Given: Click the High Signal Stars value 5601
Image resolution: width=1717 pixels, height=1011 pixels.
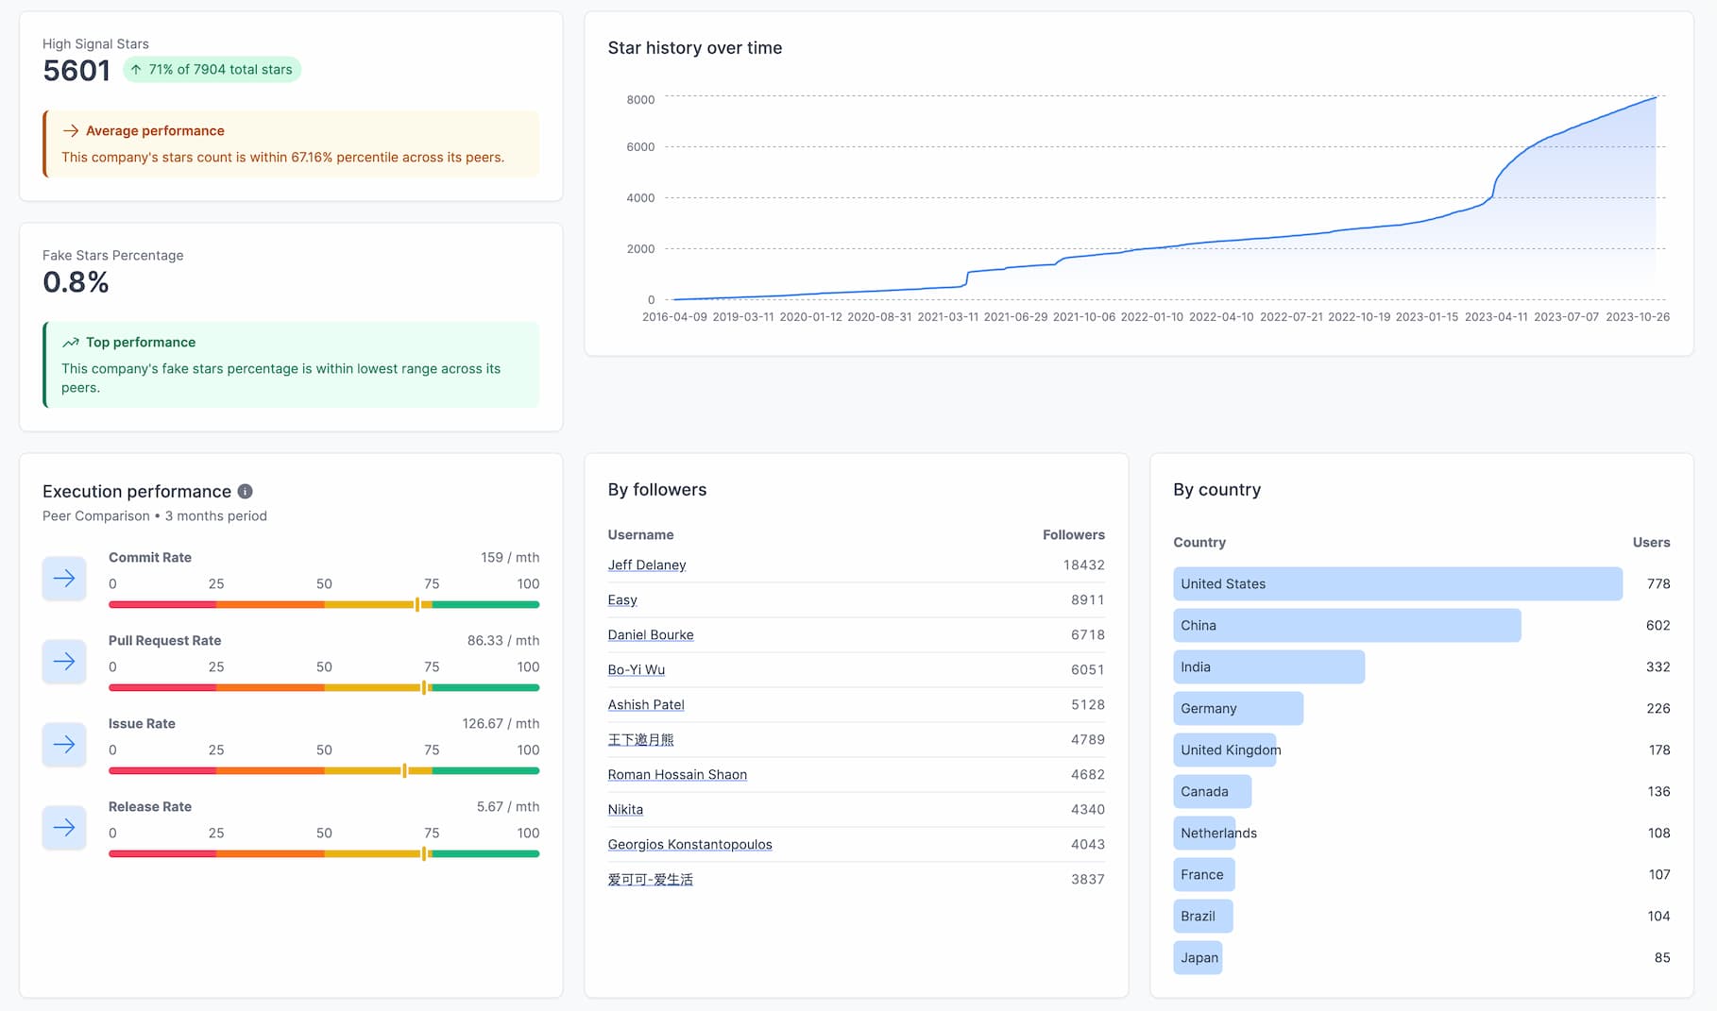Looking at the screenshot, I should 76,71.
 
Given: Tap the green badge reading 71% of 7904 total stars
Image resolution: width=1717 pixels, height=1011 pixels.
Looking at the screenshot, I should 212,70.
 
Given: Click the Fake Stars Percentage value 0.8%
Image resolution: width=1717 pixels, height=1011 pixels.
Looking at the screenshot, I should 76,282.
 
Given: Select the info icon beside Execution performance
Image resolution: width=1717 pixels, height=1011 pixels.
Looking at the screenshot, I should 245,492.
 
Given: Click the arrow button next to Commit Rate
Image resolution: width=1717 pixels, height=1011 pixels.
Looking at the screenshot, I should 64,579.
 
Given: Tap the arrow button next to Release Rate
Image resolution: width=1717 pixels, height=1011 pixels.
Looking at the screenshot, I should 64,828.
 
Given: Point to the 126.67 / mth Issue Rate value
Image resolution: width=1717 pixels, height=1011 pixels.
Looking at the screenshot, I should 501,724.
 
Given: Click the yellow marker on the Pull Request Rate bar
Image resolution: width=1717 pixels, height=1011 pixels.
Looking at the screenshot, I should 424,687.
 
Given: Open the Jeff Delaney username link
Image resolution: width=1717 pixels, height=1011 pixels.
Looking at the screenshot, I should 647,565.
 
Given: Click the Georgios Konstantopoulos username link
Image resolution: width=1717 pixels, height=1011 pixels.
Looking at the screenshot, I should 689,845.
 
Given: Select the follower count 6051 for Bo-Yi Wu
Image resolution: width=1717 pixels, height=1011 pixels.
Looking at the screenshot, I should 1087,670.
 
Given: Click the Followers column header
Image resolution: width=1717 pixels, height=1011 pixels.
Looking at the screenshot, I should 1073,535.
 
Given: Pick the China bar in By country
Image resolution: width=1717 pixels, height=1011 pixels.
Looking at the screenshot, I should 1346,626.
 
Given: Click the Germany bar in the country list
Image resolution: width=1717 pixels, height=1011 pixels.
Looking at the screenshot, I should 1237,709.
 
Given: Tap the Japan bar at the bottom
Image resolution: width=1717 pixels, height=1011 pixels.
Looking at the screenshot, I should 1198,958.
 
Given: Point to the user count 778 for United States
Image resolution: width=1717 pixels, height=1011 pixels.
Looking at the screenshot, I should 1657,584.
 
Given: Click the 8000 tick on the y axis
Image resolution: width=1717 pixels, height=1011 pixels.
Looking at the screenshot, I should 640,100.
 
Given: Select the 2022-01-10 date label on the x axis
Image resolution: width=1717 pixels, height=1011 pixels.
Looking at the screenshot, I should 1151,317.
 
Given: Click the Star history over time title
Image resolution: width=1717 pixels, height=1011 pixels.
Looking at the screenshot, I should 694,48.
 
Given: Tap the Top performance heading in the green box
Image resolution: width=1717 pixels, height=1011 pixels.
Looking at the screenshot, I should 141,343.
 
